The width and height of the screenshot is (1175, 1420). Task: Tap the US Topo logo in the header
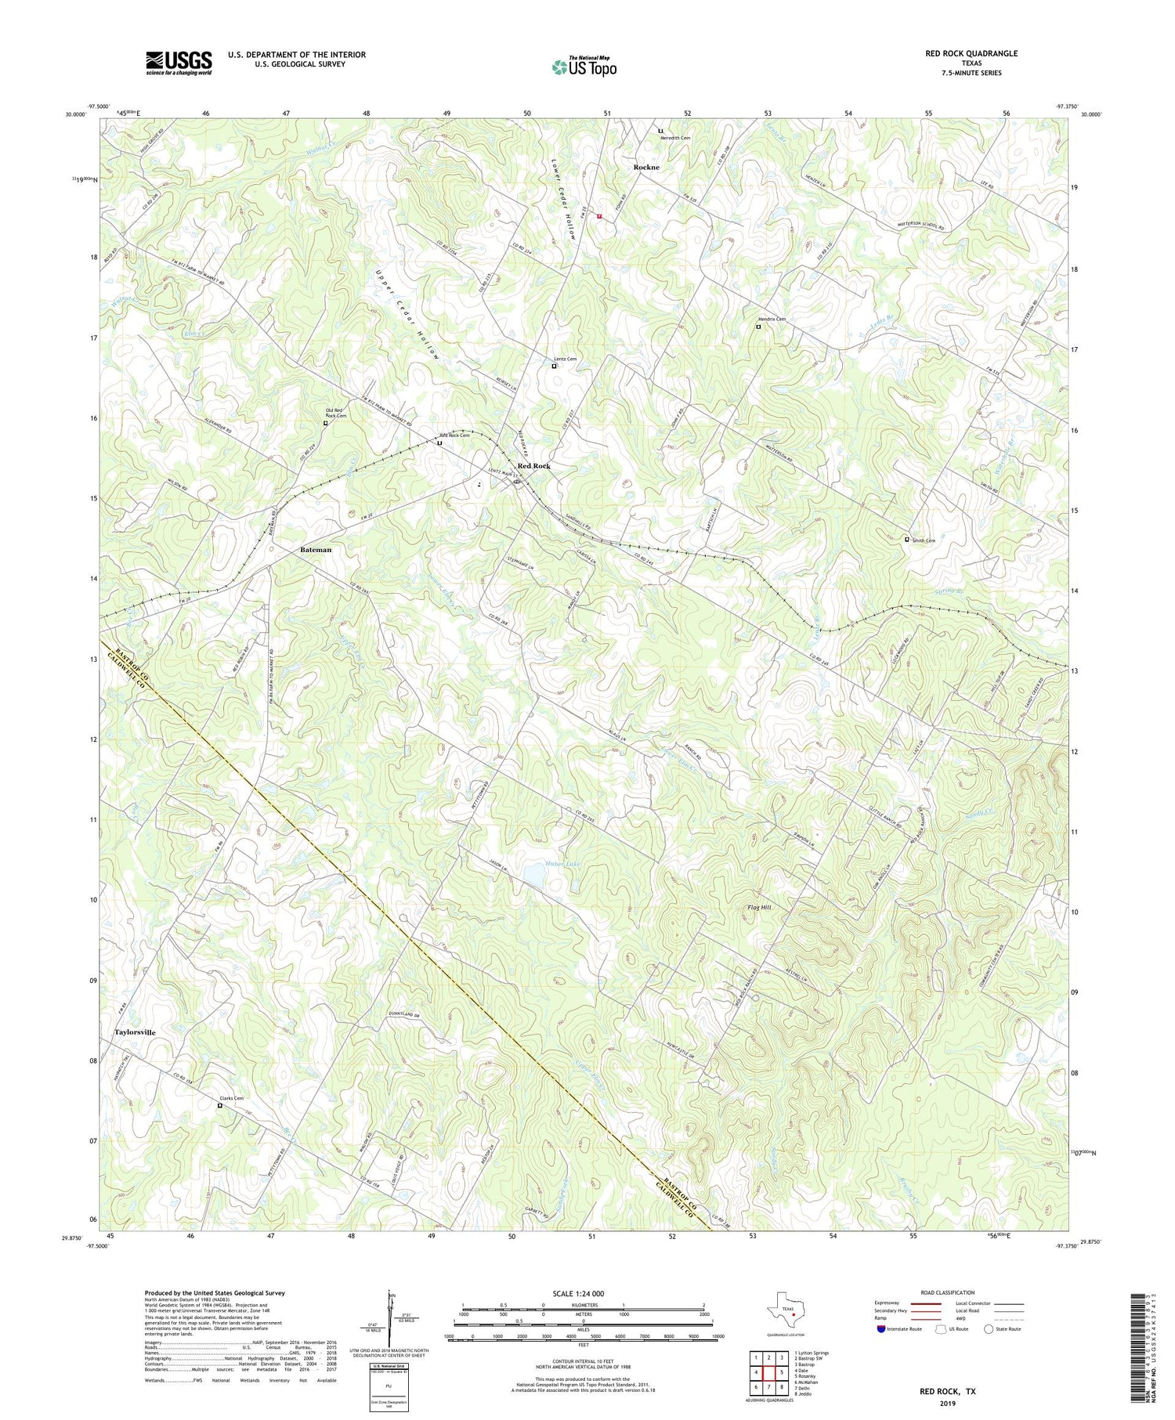pyautogui.click(x=584, y=67)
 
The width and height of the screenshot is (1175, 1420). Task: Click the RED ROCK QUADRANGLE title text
pyautogui.click(x=971, y=53)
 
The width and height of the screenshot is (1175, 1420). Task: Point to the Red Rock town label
pyautogui.click(x=533, y=466)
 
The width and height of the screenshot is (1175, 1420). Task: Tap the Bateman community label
pyautogui.click(x=316, y=550)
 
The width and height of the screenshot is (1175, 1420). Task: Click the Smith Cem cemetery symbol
pyautogui.click(x=907, y=539)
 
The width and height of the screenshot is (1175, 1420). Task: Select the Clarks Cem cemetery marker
pyautogui.click(x=219, y=1106)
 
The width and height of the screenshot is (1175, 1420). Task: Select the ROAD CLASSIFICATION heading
pyautogui.click(x=948, y=1292)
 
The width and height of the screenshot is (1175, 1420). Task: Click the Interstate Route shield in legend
pyautogui.click(x=881, y=1328)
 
